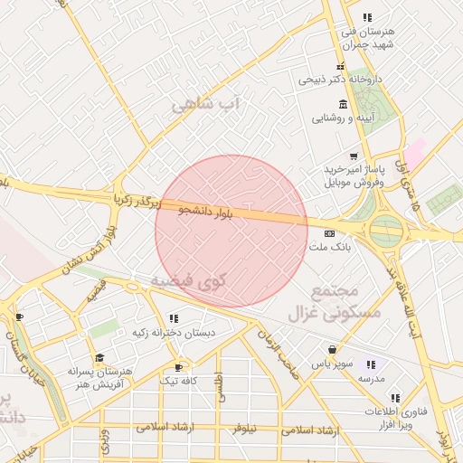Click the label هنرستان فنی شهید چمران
click(367, 37)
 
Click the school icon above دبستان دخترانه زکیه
click(174, 318)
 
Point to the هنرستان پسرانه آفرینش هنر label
click(100, 378)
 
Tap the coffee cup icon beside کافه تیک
click(179, 367)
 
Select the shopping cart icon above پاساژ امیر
click(353, 156)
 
